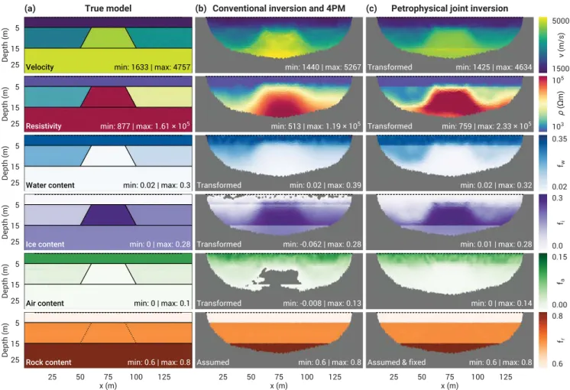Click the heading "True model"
(108, 8)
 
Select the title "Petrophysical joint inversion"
(450, 8)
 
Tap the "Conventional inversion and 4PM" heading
(279, 8)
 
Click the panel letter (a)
(30, 8)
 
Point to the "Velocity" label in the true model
(40, 67)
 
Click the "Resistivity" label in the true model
(44, 126)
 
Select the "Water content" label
(50, 185)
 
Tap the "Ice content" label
(45, 244)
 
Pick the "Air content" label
(45, 303)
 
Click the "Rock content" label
(48, 362)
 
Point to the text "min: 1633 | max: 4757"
(152, 67)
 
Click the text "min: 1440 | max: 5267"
(322, 67)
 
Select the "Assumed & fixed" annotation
(397, 362)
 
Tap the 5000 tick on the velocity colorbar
(560, 21)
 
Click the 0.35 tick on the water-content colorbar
(559, 138)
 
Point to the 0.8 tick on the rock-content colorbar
(557, 316)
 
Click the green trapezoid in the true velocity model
(108, 37)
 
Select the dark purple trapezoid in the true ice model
(108, 215)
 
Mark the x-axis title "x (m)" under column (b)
(279, 385)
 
